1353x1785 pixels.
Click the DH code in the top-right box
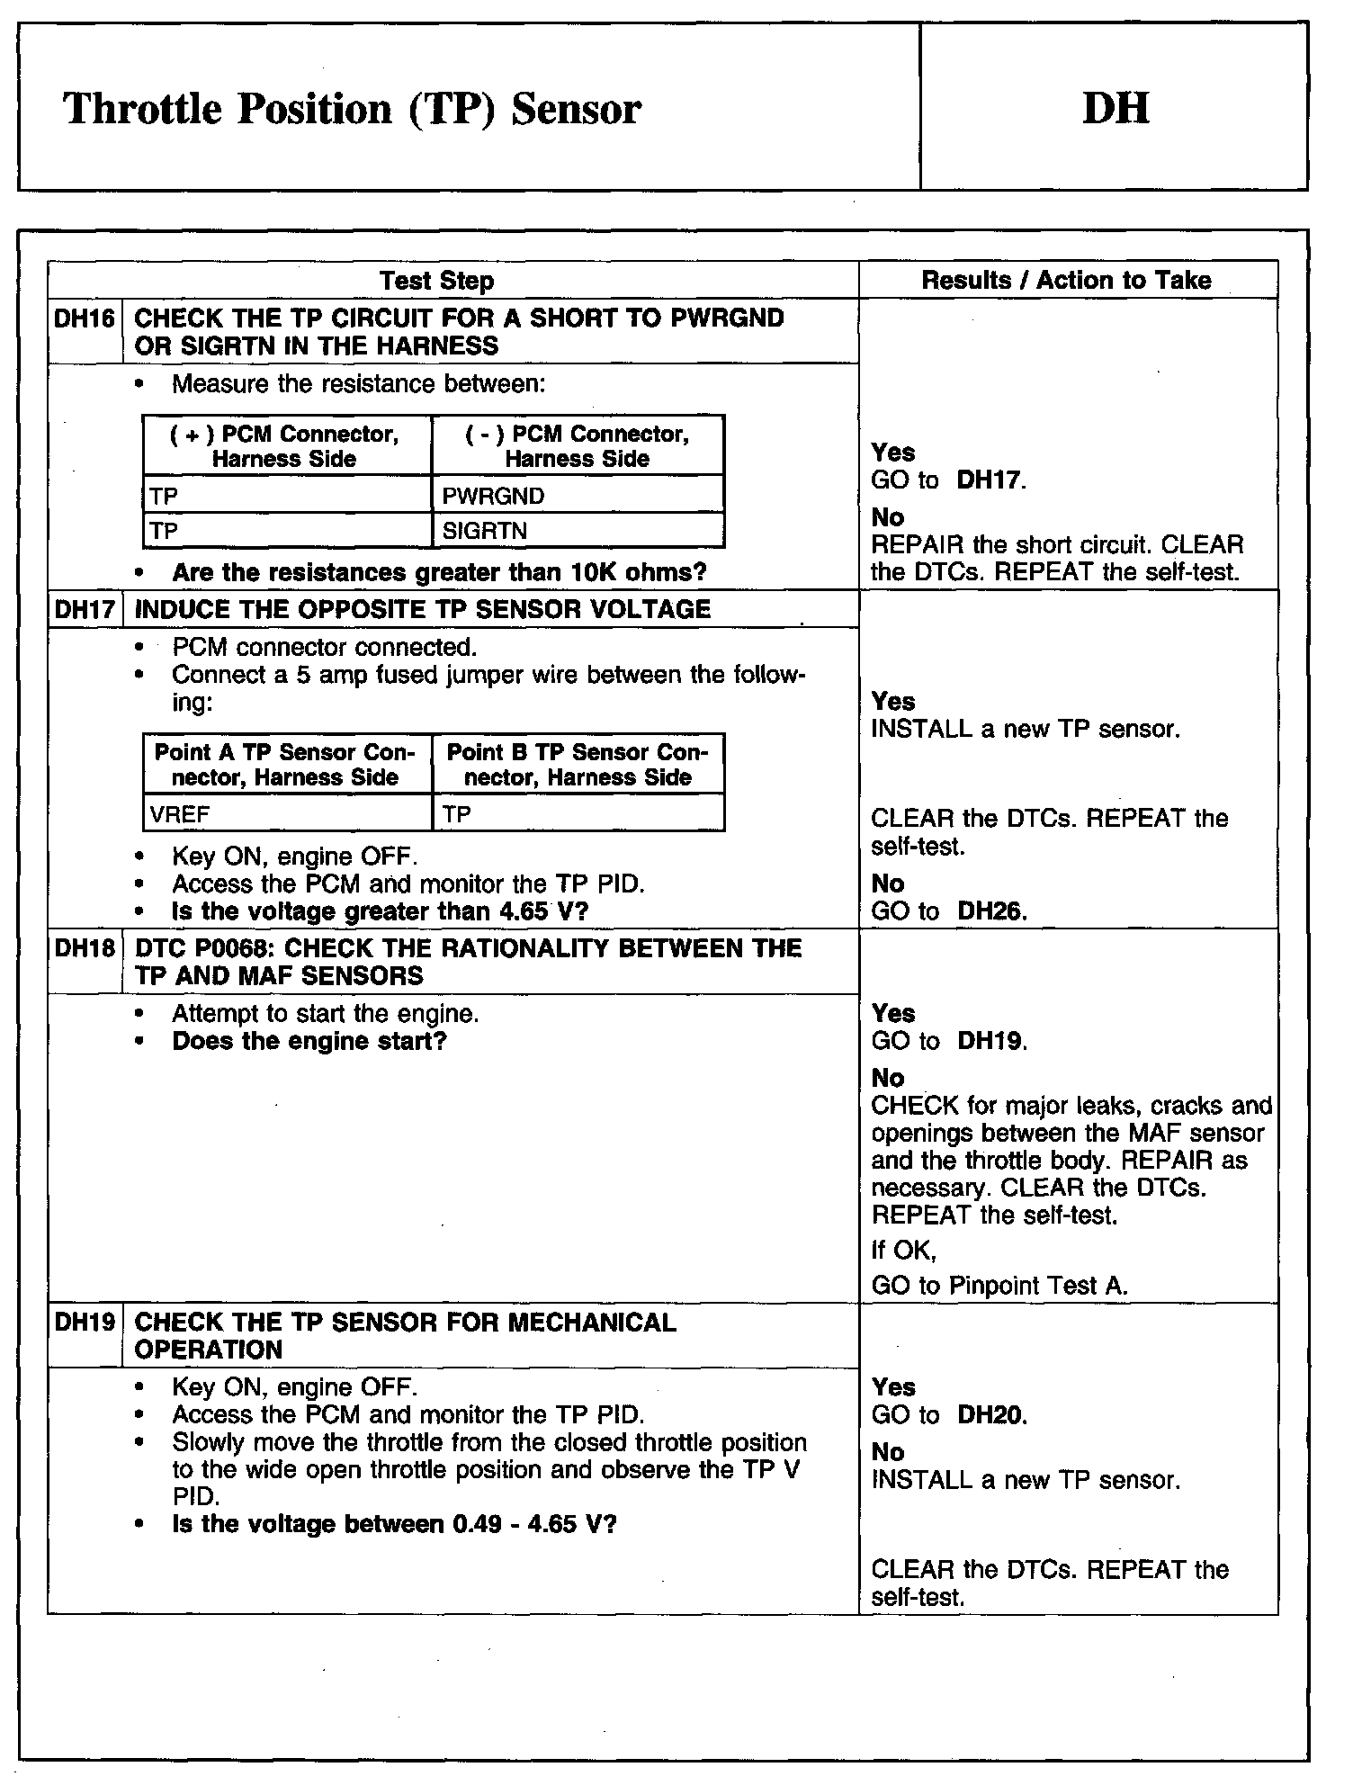coord(1115,109)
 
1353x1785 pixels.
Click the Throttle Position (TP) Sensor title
coord(352,110)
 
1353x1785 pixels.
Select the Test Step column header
coord(436,281)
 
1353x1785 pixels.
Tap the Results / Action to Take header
coord(1066,280)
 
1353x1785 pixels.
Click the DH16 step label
coord(85,318)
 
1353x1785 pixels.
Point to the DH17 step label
coord(85,609)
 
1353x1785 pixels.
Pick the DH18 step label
coord(85,948)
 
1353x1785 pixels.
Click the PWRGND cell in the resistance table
coord(578,496)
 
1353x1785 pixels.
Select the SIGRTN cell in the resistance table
coord(578,531)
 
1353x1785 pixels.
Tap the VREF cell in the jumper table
coord(287,814)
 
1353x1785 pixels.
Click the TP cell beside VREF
coord(578,814)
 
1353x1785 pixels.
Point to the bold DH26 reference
coord(991,911)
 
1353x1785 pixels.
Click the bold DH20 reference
coord(991,1415)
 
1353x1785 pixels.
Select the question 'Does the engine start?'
coord(309,1042)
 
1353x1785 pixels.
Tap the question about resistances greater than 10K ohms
coord(439,572)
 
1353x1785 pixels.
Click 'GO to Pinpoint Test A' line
coord(999,1286)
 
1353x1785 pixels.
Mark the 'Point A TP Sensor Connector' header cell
coord(287,765)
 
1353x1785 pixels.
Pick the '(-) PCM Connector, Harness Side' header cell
coord(578,446)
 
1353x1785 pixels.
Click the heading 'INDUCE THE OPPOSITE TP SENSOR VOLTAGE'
coord(422,609)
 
